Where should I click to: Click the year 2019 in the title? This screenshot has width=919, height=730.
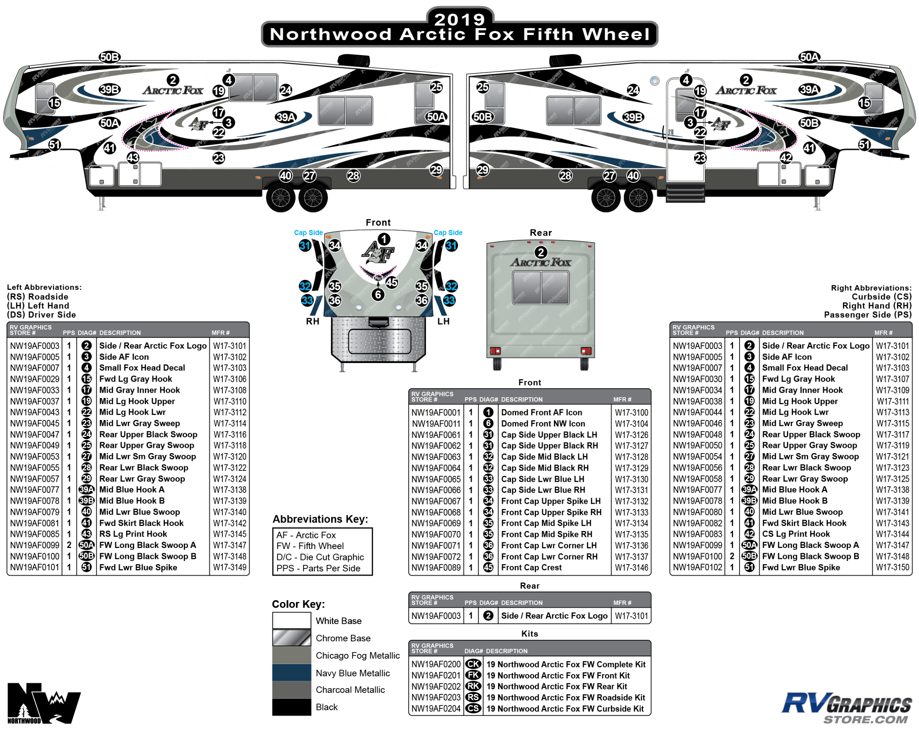point(459,19)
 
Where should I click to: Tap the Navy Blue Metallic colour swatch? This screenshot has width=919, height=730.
point(292,672)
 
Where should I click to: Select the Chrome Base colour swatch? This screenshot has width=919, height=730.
point(292,638)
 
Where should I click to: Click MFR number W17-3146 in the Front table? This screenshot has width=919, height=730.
point(631,567)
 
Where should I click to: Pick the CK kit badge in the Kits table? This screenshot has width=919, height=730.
point(473,664)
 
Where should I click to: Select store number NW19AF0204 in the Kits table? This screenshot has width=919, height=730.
point(436,708)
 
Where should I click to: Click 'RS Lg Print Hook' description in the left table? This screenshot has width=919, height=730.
point(133,534)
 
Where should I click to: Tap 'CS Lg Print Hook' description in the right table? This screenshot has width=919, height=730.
point(796,534)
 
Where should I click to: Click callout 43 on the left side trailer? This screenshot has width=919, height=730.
point(133,157)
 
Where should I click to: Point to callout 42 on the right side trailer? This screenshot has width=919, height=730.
point(786,157)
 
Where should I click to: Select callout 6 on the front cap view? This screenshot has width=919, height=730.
point(378,294)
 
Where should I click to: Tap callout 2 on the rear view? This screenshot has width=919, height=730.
point(541,252)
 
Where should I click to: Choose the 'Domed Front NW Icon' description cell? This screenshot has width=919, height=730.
point(543,423)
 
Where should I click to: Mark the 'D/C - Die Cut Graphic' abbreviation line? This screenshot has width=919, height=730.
point(320,557)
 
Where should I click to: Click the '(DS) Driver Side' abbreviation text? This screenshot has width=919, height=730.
point(41,315)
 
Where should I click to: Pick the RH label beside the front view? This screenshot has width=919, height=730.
point(312,321)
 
